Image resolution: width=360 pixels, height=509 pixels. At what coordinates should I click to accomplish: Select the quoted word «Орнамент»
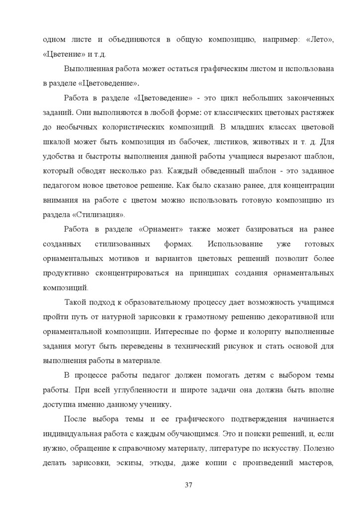click(160, 230)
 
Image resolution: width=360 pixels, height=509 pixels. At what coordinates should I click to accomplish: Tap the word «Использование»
click(232, 244)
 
